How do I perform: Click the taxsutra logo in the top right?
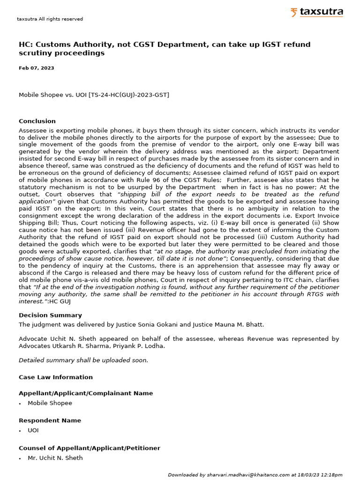coord(316,12)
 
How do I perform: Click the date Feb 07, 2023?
coord(36,68)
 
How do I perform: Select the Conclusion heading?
coord(37,121)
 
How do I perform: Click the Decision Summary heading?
coord(50,315)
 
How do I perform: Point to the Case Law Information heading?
coord(56,377)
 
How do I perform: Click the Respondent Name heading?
coord(50,420)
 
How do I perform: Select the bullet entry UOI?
coord(33,430)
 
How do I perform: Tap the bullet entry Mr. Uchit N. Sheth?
coord(55,458)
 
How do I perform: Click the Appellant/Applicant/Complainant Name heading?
coord(86,393)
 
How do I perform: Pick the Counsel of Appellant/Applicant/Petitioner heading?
coord(89,448)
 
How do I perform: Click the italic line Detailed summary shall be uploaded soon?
coord(83,360)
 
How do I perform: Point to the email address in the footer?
coord(248,475)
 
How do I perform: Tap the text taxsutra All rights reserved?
coord(50,19)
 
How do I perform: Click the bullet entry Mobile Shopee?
coord(50,403)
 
